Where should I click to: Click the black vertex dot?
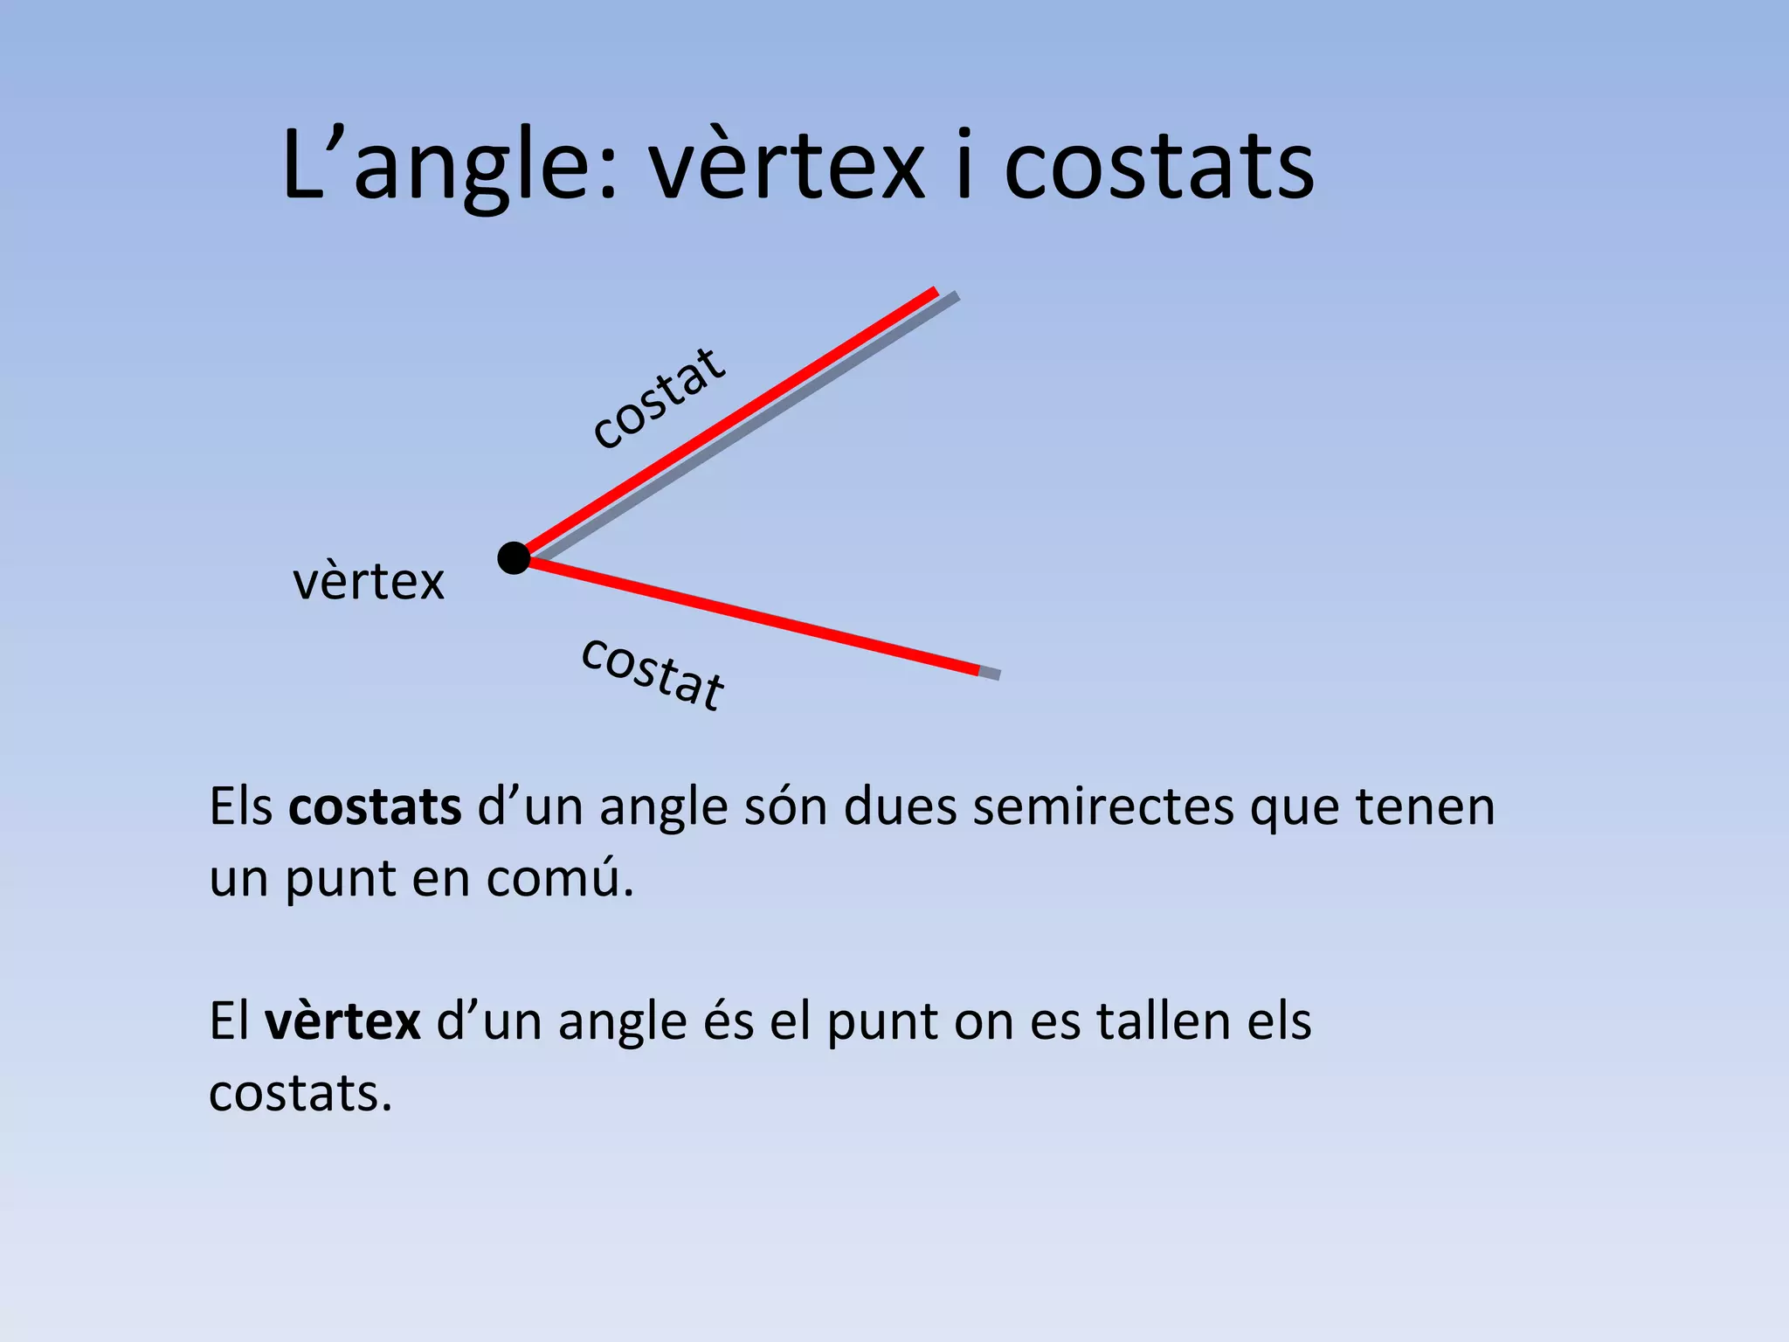click(x=514, y=557)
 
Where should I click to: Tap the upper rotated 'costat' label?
click(x=659, y=398)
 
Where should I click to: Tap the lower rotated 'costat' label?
click(x=653, y=673)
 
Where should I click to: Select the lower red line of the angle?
click(x=751, y=617)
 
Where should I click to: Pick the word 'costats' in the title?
click(x=1158, y=166)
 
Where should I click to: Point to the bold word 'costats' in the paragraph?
click(x=375, y=806)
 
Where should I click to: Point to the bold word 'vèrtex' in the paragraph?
click(x=342, y=1020)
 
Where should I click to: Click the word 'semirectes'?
click(x=1103, y=806)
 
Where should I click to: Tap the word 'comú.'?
click(x=560, y=878)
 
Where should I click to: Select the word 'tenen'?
click(x=1425, y=806)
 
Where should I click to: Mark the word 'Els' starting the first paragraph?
click(x=241, y=806)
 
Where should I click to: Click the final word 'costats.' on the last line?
click(x=300, y=1093)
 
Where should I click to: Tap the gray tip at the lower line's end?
click(x=990, y=673)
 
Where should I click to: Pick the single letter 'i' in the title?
click(x=964, y=166)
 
